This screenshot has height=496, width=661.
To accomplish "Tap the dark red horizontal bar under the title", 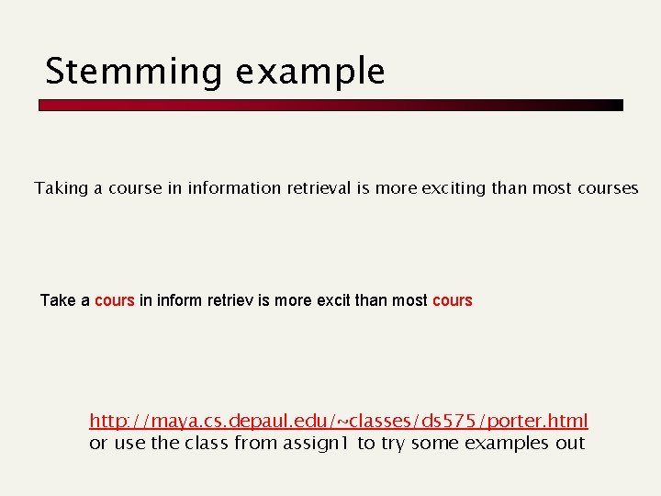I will click(330, 106).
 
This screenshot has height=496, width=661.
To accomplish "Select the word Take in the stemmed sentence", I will click(59, 300).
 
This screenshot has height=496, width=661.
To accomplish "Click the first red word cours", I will click(115, 300).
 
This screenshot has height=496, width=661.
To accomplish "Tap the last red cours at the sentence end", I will click(452, 300).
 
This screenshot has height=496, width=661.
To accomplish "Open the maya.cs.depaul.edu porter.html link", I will click(338, 422).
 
